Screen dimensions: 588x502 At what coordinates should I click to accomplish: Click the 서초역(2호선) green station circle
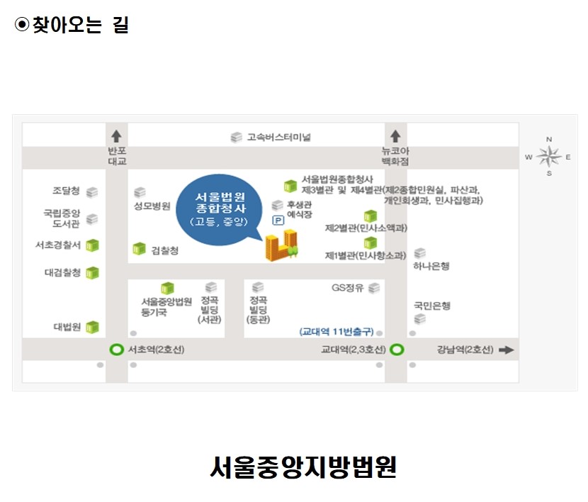[116, 350]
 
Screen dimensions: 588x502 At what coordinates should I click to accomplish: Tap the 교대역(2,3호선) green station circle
[397, 350]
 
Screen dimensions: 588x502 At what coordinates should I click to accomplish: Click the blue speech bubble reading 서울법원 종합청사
[220, 209]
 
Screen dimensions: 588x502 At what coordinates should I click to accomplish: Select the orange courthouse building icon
[282, 246]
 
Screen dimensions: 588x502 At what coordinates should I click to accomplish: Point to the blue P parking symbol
[278, 221]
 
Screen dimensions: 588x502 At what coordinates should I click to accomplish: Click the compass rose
[548, 157]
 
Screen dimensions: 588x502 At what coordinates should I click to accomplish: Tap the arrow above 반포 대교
[116, 136]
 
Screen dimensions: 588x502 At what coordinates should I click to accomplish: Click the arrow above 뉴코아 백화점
[395, 136]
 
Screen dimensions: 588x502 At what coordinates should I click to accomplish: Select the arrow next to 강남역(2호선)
[507, 350]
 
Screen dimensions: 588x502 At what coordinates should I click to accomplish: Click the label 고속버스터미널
[279, 138]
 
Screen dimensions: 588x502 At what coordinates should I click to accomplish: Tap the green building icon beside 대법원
[92, 327]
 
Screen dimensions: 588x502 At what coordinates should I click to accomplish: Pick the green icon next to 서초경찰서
[92, 245]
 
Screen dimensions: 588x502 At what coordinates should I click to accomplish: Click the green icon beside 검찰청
[139, 248]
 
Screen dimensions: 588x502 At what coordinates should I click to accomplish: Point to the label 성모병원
[152, 206]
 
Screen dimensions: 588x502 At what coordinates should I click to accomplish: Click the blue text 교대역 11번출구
[337, 332]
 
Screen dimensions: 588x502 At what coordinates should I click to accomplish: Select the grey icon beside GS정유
[374, 288]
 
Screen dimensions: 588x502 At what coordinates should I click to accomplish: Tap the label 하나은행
[431, 266]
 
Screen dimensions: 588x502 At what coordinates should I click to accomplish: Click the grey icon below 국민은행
[420, 319]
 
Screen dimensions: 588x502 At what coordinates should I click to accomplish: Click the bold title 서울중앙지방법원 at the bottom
[303, 467]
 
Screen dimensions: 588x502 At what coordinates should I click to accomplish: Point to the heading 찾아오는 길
[72, 25]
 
